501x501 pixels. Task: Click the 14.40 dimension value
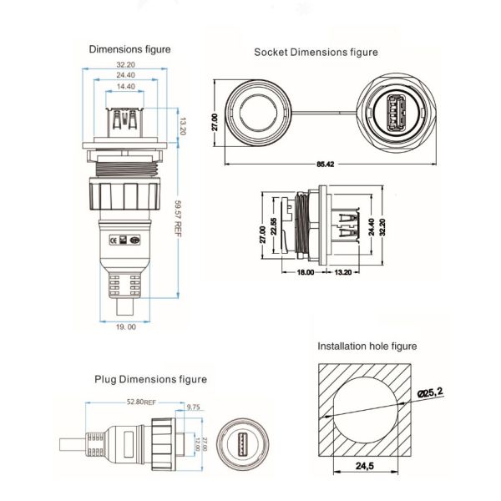coord(126,86)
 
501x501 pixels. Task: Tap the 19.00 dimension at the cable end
coord(126,326)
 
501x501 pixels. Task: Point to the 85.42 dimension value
coord(325,164)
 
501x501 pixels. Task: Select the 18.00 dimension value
coord(305,272)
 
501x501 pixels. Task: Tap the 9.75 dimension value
coord(193,407)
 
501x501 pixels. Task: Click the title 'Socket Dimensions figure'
coord(316,52)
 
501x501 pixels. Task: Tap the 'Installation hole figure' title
coord(367,346)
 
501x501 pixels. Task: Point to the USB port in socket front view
coord(397,116)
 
